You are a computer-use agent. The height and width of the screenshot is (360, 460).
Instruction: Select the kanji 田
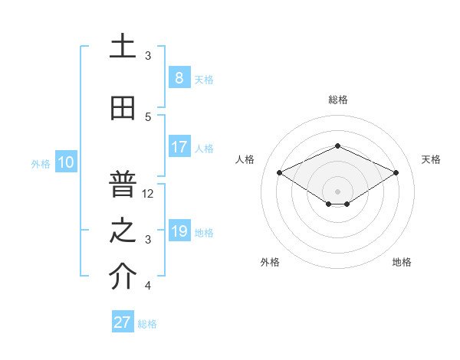(123, 109)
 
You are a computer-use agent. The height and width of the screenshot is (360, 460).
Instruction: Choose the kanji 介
(123, 277)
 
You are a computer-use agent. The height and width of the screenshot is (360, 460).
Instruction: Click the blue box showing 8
(179, 78)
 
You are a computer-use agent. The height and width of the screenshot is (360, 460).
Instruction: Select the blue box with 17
(179, 147)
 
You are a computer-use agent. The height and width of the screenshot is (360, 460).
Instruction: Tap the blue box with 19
(179, 232)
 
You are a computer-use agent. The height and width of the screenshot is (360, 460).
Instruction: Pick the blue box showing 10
(65, 162)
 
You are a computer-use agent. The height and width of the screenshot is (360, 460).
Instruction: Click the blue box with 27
(123, 322)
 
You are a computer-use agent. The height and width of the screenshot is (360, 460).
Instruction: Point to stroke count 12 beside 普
(149, 194)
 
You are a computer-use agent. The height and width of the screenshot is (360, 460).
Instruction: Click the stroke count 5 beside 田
(149, 116)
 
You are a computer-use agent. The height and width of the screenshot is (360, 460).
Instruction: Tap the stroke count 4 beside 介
(149, 286)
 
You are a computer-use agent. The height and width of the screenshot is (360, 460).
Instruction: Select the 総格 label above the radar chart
(338, 100)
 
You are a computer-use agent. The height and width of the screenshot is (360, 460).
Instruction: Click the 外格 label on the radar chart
(270, 262)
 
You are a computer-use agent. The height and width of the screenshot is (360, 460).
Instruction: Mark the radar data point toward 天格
(396, 173)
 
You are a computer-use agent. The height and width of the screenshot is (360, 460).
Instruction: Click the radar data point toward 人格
(279, 172)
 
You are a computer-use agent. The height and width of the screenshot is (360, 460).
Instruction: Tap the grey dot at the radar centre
(337, 191)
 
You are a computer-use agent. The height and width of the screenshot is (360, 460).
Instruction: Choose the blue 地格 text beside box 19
(205, 233)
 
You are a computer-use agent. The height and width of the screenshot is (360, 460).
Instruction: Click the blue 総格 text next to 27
(147, 324)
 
